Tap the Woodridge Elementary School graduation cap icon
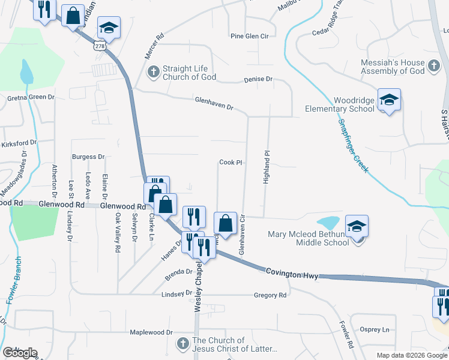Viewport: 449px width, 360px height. pos(389,99)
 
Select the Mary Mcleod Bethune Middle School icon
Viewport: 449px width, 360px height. pos(357,226)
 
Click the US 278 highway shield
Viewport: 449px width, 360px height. pos(100,46)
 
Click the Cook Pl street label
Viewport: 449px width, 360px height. pos(230,163)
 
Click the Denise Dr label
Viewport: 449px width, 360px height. pos(258,79)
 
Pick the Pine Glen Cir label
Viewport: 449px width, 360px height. pos(249,37)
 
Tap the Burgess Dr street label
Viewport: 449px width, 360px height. pos(88,157)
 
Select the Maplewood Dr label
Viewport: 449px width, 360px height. pos(152,332)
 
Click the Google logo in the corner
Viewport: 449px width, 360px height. pos(20,353)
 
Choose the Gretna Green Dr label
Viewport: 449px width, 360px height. pos(31,97)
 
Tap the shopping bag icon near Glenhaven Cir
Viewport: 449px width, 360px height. pos(224,223)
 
